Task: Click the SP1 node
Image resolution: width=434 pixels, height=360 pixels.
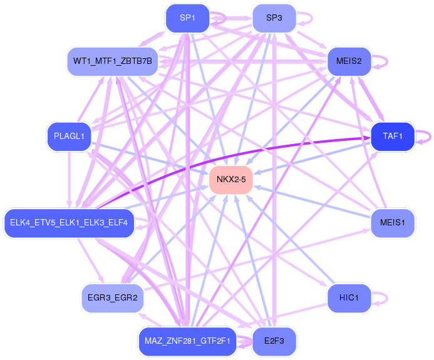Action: coord(187,18)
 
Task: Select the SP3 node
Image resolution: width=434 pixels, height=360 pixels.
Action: coord(274,18)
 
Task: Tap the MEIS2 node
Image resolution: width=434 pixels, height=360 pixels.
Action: coord(349,61)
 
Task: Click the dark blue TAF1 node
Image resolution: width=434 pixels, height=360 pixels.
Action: coord(393,136)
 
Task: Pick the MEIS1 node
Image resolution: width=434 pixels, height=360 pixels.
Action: coord(393,223)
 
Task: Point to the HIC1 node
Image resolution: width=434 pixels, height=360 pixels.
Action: coord(349,298)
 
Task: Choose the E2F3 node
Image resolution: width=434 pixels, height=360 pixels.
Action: coord(274,341)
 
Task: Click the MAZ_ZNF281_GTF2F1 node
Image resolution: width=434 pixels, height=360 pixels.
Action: coord(187,341)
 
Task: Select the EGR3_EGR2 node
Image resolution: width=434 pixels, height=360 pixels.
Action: coord(113,298)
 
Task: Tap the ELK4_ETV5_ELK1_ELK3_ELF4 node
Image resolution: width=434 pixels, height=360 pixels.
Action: coord(69,223)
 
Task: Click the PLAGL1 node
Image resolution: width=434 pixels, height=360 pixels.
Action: coord(69,136)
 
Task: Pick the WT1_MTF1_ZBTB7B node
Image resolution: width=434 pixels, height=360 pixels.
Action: coord(113,61)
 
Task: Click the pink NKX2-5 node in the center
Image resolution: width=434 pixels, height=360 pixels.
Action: coord(231,180)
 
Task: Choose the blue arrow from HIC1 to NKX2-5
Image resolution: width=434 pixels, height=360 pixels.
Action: coord(290,240)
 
